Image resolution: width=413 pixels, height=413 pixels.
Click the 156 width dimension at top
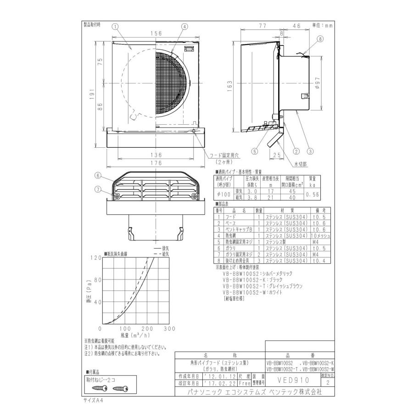[x=157, y=33]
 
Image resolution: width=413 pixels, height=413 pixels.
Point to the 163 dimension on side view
[x=230, y=85]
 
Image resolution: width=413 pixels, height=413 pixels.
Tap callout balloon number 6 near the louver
[x=98, y=175]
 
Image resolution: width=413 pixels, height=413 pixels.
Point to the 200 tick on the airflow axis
[x=147, y=329]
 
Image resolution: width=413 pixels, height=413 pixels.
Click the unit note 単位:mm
[x=322, y=26]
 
